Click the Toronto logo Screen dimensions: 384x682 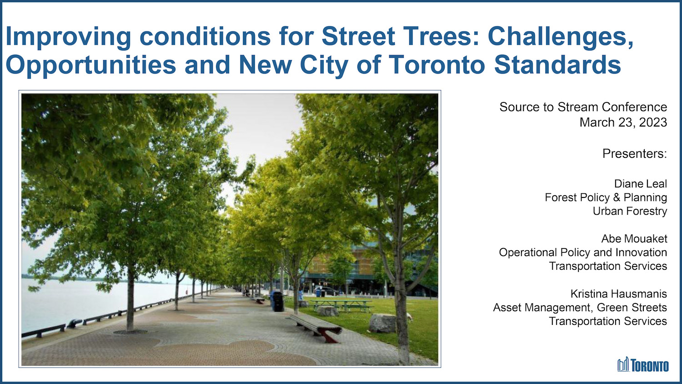pos(643,365)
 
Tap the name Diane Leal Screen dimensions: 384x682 pos(640,184)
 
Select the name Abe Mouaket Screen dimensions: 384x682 pos(634,239)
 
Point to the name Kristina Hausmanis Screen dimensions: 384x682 pos(618,294)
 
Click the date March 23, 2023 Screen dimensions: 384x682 pos(623,122)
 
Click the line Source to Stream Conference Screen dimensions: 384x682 pos(583,107)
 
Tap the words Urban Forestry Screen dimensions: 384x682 pos(630,211)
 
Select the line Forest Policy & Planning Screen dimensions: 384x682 pos(606,197)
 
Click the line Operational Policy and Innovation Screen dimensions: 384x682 pos(583,253)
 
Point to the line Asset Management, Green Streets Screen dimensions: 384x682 pos(580,308)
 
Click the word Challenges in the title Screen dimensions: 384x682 pos(560,36)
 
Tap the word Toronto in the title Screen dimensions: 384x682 pos(436,65)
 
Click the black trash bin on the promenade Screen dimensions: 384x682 pos(278,302)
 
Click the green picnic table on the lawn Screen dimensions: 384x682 pos(341,304)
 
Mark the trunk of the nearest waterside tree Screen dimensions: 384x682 pos(130,300)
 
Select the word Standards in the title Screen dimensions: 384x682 pos(557,65)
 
